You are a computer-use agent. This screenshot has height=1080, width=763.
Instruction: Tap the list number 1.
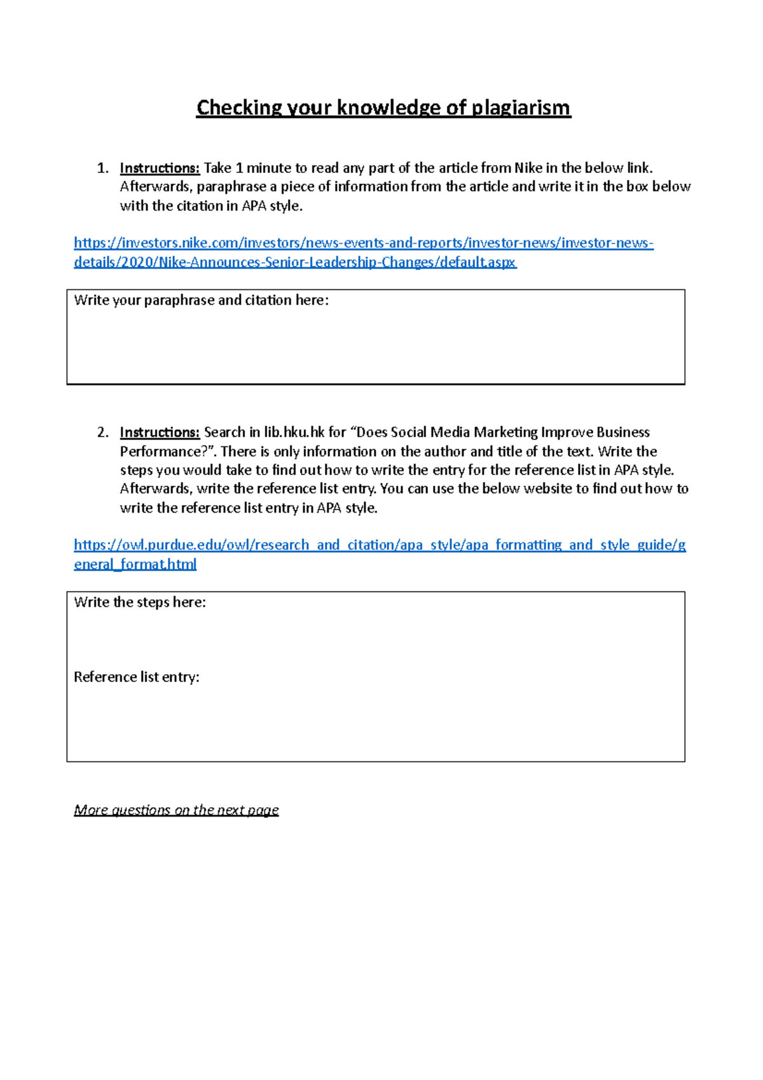[102, 169]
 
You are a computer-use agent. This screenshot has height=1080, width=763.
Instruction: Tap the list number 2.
[102, 433]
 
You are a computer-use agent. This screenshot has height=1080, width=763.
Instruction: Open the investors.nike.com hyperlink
[363, 244]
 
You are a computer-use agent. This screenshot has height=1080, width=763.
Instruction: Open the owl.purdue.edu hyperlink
[380, 545]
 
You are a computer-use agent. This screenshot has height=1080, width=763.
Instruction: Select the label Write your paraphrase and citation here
[201, 300]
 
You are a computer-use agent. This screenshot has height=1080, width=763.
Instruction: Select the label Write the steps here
[140, 602]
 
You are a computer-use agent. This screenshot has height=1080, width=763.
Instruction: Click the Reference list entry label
[137, 677]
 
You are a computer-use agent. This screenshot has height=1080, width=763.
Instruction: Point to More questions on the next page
[176, 810]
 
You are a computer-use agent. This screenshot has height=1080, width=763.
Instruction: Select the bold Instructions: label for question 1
[160, 168]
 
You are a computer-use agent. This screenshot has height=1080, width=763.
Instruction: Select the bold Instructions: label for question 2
[160, 433]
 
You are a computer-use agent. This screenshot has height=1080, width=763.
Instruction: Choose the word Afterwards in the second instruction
[155, 488]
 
